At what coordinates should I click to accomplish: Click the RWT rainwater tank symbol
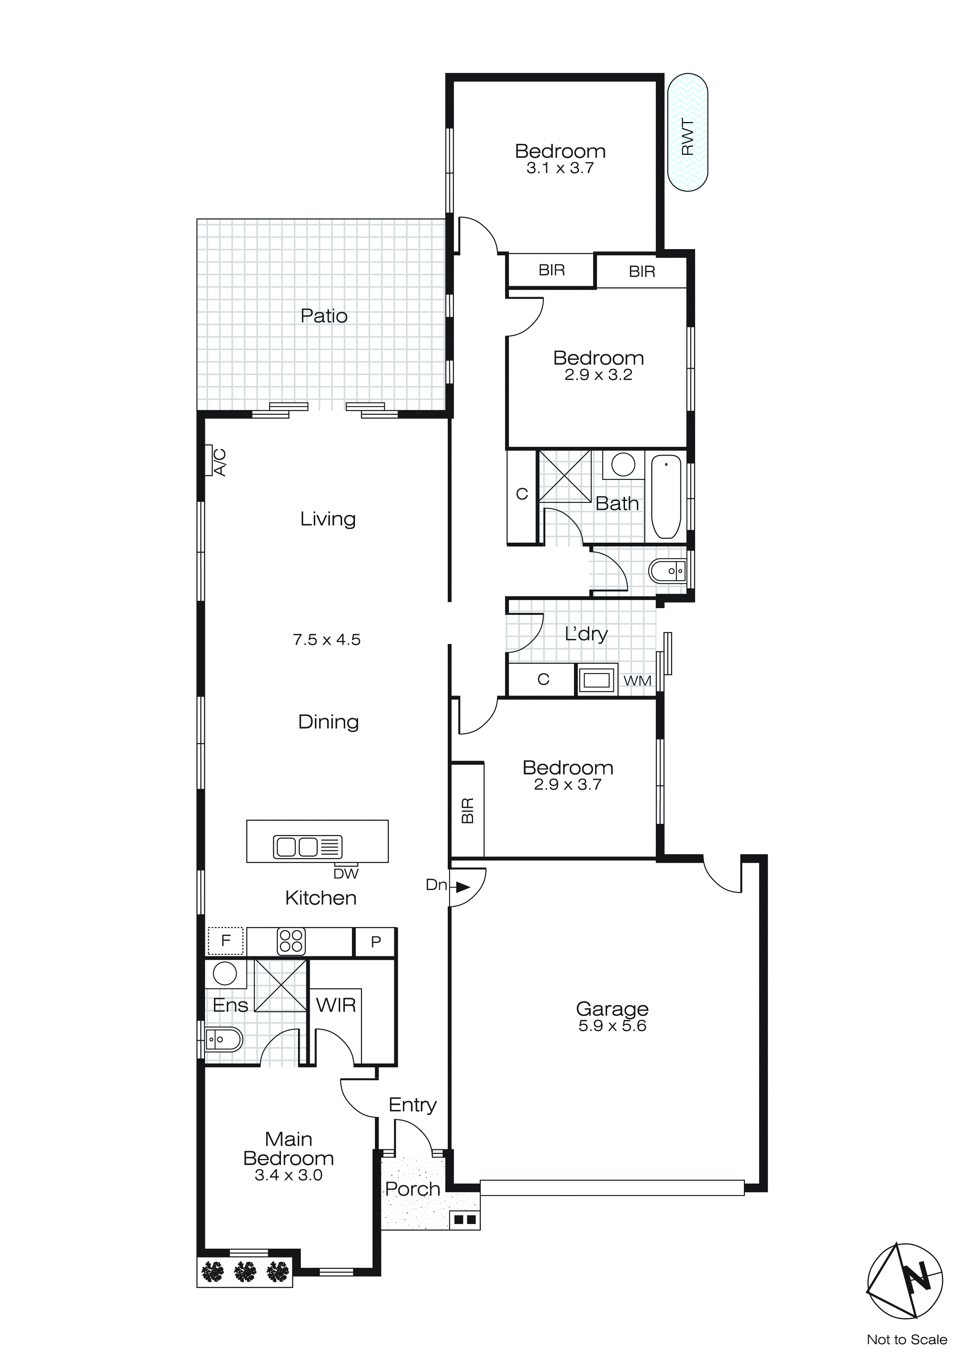click(688, 132)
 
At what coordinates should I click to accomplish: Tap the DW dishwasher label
click(346, 874)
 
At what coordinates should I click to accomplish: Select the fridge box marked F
click(226, 941)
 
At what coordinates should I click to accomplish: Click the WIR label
click(336, 1005)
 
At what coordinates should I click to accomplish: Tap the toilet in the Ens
click(224, 1039)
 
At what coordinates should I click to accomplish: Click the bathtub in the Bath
click(666, 497)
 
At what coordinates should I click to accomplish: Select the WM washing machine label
click(637, 681)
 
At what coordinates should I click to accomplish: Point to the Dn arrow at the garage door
click(462, 887)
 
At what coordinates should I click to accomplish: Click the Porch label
click(412, 1189)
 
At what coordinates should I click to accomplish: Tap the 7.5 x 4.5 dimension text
click(327, 640)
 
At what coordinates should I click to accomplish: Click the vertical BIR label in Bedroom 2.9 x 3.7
click(468, 810)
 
